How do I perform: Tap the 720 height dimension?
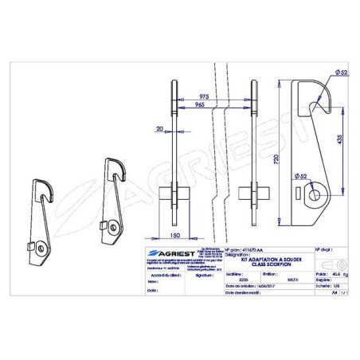click(x=276, y=160)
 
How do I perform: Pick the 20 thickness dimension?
click(x=160, y=127)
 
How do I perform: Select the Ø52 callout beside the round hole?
click(x=299, y=174)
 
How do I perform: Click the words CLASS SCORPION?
click(x=265, y=264)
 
